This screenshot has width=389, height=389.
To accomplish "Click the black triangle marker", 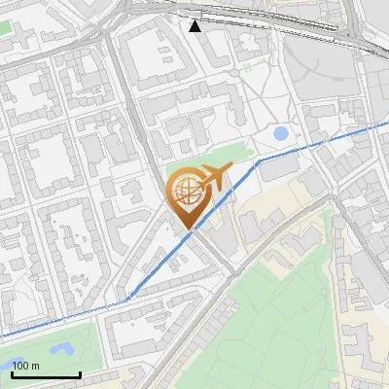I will tap(195, 26).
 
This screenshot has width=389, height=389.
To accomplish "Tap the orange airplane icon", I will tap(211, 178).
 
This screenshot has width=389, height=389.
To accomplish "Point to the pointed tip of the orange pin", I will tap(188, 230).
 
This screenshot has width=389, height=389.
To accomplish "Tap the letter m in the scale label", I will tap(35, 367).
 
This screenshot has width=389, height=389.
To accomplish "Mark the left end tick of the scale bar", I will tap(12, 374).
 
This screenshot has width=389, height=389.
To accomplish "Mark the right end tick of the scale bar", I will tap(80, 374).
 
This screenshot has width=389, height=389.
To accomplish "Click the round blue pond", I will tap(281, 133).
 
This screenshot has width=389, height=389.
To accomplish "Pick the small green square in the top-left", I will tap(5, 26).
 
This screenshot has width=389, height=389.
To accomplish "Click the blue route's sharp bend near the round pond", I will tap(259, 159).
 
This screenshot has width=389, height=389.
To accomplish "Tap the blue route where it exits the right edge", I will tap(387, 124).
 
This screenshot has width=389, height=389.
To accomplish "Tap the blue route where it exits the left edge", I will tap(2, 336).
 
